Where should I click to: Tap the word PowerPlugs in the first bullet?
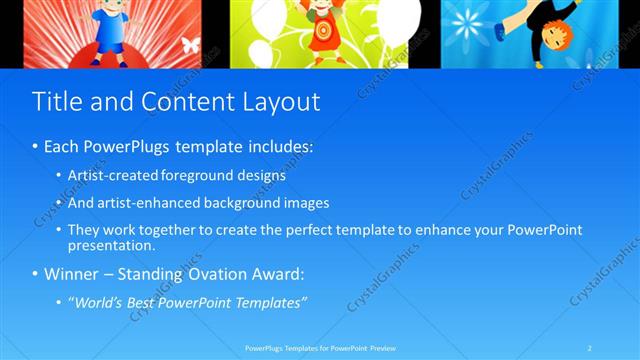pyautogui.click(x=128, y=147)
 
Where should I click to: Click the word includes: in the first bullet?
pyautogui.click(x=280, y=147)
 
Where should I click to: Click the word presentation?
pyautogui.click(x=112, y=245)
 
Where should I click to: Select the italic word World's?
pyautogui.click(x=100, y=302)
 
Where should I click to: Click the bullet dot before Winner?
pyautogui.click(x=36, y=274)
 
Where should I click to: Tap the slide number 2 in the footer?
pyautogui.click(x=590, y=348)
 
